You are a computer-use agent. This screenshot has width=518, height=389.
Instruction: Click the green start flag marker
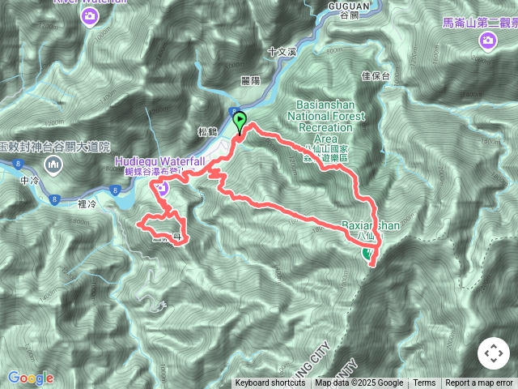pyautogui.click(x=240, y=122)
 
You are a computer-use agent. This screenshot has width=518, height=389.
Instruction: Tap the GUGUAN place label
pyautogui.click(x=350, y=6)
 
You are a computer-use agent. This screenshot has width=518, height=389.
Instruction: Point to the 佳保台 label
pyautogui.click(x=376, y=75)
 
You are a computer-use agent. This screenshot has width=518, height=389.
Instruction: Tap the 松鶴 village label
pyautogui.click(x=208, y=130)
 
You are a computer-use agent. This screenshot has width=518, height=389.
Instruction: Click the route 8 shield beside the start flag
pyautogui.click(x=232, y=113)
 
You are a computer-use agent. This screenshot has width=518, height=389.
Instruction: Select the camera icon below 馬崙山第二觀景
pyautogui.click(x=487, y=40)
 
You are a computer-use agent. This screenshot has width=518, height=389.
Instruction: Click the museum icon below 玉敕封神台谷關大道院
pyautogui.click(x=54, y=165)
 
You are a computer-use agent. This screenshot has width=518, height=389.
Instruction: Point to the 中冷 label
pyautogui.click(x=31, y=180)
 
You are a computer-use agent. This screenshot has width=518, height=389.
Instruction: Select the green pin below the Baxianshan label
pyautogui.click(x=369, y=254)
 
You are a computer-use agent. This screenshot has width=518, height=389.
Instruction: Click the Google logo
pyautogui.click(x=31, y=378)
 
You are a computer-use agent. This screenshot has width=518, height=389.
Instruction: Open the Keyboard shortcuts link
pyautogui.click(x=270, y=383)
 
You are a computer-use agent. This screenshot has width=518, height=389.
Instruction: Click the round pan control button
pyautogui.click(x=493, y=353)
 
